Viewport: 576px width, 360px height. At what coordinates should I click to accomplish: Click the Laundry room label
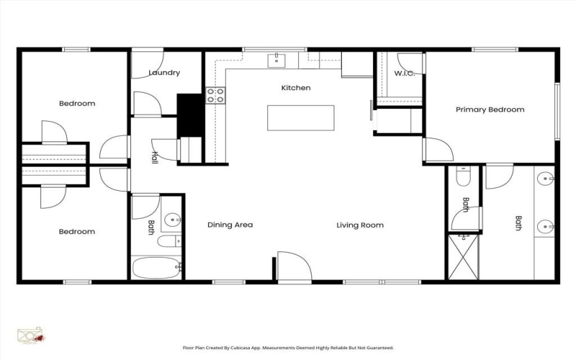(x=164, y=73)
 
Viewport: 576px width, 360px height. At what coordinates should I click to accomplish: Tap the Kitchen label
(x=295, y=88)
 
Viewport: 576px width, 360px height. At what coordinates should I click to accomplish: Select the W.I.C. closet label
(x=404, y=73)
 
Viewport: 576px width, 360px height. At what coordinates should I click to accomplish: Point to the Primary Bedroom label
(x=490, y=109)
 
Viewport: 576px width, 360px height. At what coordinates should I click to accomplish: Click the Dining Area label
(x=230, y=225)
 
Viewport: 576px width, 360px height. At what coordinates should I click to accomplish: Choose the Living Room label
(x=360, y=225)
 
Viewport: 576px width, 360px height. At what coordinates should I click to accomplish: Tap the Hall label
(x=154, y=157)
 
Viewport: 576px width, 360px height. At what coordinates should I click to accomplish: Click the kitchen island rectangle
(x=301, y=117)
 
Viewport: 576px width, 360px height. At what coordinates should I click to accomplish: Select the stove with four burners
(x=216, y=95)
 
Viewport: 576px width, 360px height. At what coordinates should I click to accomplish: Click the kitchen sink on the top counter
(x=276, y=58)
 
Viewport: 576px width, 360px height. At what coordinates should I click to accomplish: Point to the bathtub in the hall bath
(x=156, y=268)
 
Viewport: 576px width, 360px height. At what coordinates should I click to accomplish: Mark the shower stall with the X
(x=464, y=257)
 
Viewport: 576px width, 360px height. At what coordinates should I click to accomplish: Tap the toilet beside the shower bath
(x=464, y=176)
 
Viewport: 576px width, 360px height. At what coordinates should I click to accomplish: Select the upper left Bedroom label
(x=76, y=103)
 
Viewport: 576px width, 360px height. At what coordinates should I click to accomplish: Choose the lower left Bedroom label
(x=76, y=231)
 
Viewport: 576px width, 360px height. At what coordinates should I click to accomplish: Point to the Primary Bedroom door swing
(x=438, y=150)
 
